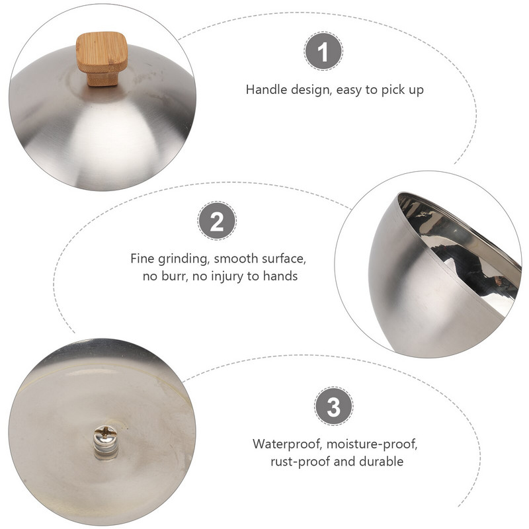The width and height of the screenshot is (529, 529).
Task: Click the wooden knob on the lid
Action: pos(102,58)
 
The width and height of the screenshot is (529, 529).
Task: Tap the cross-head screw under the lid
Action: pos(105,435)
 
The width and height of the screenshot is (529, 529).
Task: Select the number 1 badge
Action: pos(323,52)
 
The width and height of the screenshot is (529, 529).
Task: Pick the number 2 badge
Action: pos(217,221)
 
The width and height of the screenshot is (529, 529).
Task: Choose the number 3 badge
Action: pos(334,407)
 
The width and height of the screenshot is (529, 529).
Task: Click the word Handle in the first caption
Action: pos(266,90)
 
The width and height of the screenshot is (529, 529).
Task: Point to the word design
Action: pos(310,91)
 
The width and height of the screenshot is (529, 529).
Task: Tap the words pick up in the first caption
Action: pos(403,91)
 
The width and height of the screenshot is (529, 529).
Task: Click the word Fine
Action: pos(142,259)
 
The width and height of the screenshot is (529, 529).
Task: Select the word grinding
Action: pos(184,259)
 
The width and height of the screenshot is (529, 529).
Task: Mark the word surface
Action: pos(284,259)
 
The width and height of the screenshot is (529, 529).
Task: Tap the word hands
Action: pos(280,276)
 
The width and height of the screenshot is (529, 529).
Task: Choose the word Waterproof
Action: pos(288,444)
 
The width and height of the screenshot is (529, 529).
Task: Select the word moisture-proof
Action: pos(372,444)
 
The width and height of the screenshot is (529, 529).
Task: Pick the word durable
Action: pos(382,461)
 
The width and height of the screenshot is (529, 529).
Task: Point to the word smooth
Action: pos(236,259)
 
